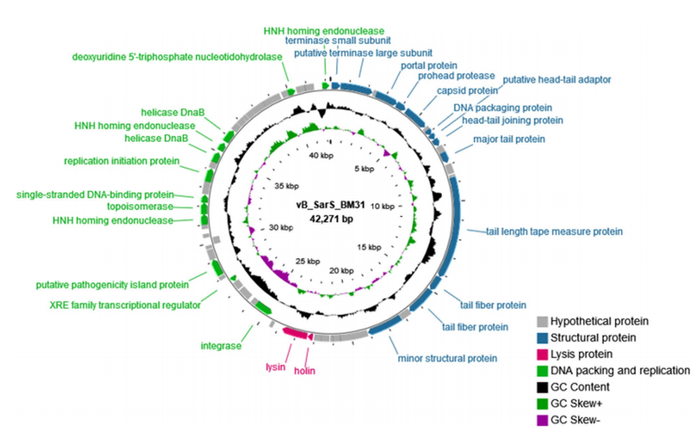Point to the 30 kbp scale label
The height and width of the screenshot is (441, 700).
(x=263, y=227)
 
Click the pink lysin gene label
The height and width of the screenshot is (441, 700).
(x=275, y=367)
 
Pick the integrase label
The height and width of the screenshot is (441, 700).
(x=221, y=345)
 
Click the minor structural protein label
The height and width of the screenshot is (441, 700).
(x=448, y=358)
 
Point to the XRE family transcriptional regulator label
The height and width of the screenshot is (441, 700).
(x=125, y=304)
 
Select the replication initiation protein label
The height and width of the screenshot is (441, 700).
(x=121, y=161)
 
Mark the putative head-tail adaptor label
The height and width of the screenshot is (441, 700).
(x=557, y=79)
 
